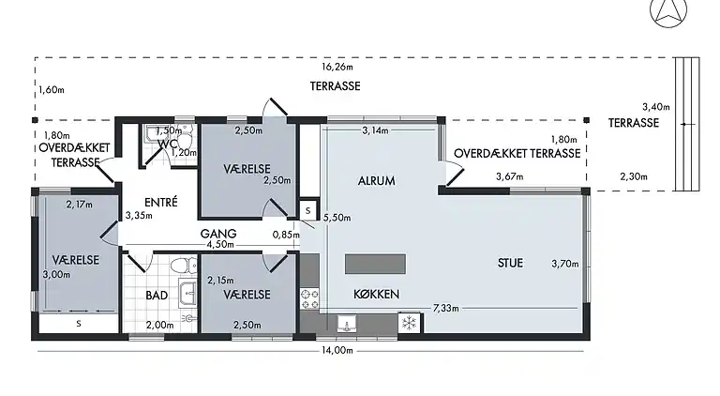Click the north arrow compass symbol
click(x=668, y=10)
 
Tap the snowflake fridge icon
click(x=409, y=322)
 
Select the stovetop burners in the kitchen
click(x=309, y=298)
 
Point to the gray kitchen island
click(x=375, y=264)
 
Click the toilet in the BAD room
click(x=184, y=265)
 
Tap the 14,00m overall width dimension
click(x=337, y=351)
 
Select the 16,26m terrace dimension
click(x=337, y=67)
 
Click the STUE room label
click(x=510, y=263)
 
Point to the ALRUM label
click(x=377, y=181)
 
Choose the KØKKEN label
click(x=377, y=294)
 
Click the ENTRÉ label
click(x=160, y=202)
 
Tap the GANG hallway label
click(x=218, y=234)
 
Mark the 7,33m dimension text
click(x=446, y=308)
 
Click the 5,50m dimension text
click(x=337, y=218)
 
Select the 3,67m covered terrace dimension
click(x=510, y=176)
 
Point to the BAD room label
click(x=157, y=296)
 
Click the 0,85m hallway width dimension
click(x=286, y=235)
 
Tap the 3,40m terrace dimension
click(x=655, y=107)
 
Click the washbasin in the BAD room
click(x=188, y=292)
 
